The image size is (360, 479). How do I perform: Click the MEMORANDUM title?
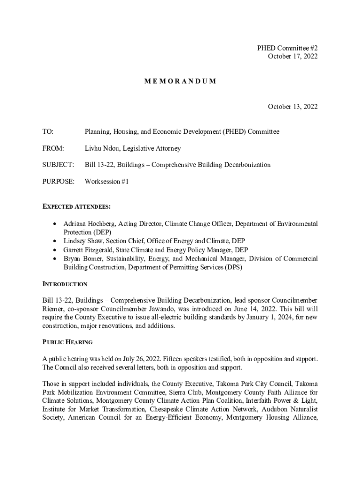click(x=180, y=81)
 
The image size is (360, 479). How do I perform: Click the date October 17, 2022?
click(x=292, y=56)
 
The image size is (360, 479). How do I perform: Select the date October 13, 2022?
click(x=292, y=107)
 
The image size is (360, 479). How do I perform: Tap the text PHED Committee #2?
click(x=287, y=48)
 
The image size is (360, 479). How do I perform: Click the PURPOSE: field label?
click(x=58, y=181)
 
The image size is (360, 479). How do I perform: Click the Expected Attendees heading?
click(x=76, y=206)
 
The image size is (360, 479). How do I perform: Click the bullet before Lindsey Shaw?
click(x=56, y=241)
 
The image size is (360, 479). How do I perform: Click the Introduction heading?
click(x=65, y=284)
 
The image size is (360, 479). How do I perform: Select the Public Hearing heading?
click(x=67, y=342)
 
